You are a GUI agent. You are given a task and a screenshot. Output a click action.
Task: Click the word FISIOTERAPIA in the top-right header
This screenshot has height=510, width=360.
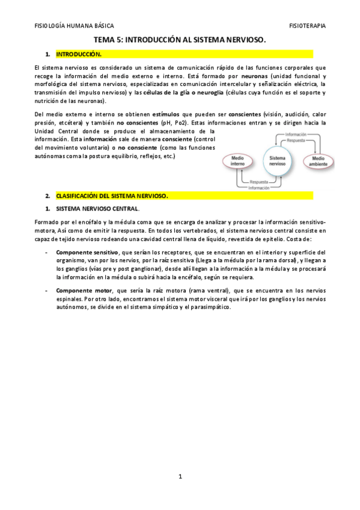tap(308, 26)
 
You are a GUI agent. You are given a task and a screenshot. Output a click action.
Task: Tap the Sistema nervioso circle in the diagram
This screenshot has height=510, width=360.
tap(277, 159)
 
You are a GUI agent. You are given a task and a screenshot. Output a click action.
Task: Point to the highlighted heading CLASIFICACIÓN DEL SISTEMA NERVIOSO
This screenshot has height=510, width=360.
tap(112, 196)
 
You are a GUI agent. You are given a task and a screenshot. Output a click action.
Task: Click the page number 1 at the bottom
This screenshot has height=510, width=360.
tap(180, 477)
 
